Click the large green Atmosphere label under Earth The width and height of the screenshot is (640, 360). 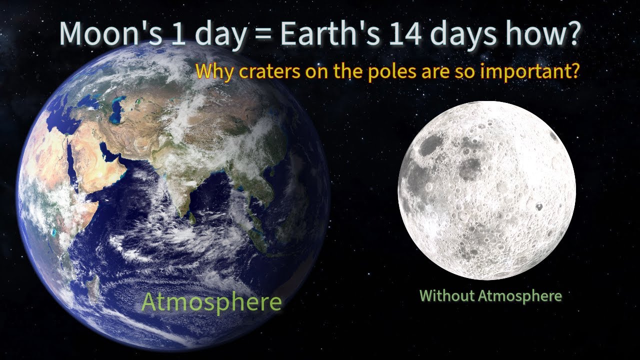(x=211, y=302)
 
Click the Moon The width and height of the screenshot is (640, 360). (x=486, y=190)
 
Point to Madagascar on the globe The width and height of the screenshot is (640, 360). (x=93, y=290)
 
